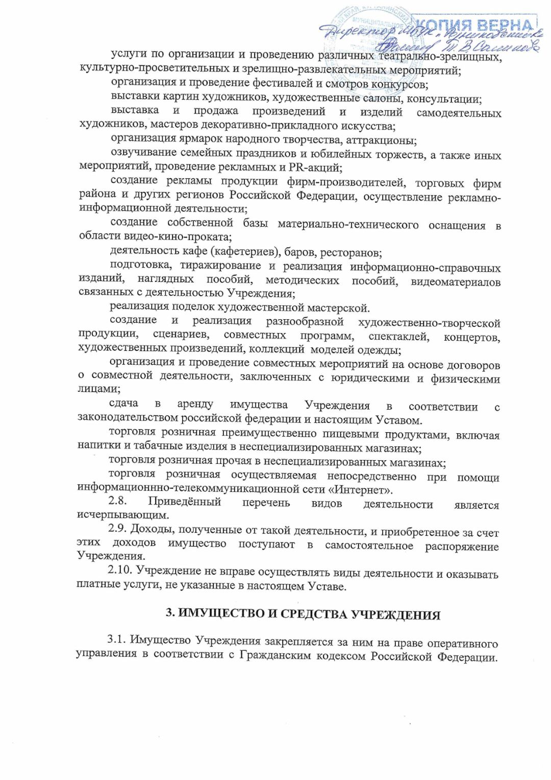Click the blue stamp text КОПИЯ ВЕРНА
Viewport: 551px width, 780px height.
coord(474,25)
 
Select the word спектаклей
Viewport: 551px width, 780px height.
coord(398,337)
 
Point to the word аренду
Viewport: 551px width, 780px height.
coord(195,404)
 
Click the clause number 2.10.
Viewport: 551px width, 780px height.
coord(119,571)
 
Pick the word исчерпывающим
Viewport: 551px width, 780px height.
coord(123,514)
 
